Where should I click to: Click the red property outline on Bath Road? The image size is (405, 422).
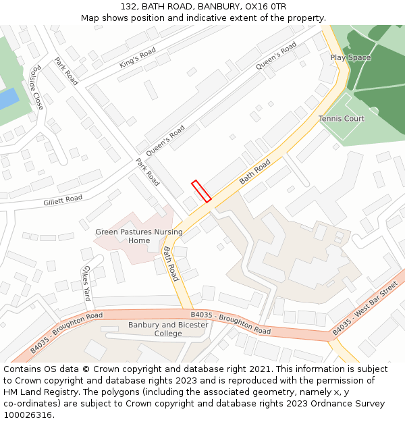[x=201, y=190]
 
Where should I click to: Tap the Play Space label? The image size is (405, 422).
[x=350, y=58]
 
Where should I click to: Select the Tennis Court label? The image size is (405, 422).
[x=341, y=119]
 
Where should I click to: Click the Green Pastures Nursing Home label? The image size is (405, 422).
[x=139, y=236]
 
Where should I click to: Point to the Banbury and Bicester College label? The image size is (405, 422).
[x=168, y=329]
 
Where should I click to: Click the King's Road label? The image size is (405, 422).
[x=138, y=58]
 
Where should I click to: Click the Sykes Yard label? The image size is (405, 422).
[x=86, y=284]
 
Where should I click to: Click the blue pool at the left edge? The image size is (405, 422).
[x=7, y=100]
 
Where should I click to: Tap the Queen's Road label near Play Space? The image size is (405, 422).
[x=276, y=55]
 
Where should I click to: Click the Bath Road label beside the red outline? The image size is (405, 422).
[x=254, y=172]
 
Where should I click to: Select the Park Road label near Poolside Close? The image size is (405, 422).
[x=66, y=71]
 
